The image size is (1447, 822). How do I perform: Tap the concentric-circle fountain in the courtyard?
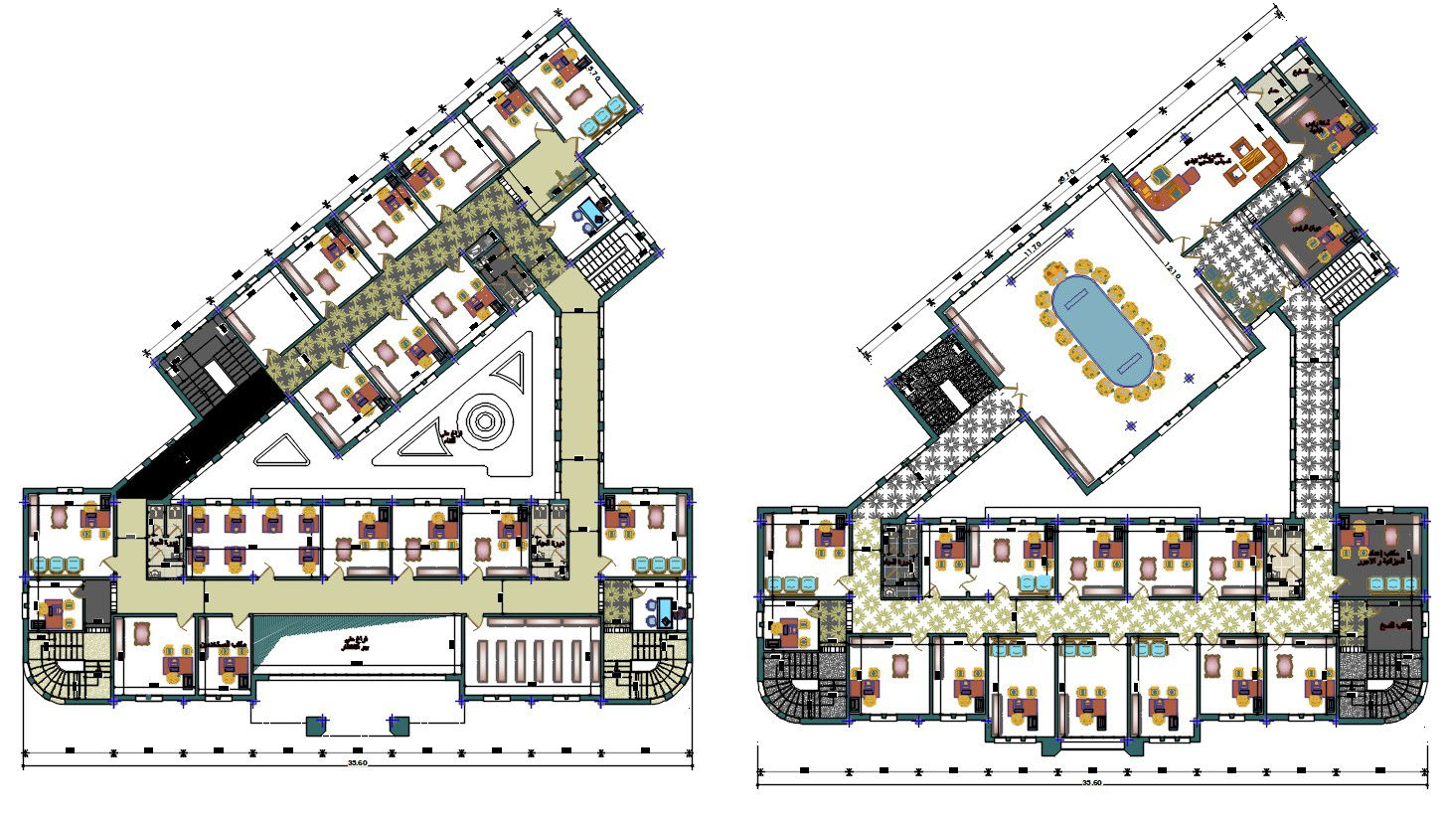click(x=483, y=421)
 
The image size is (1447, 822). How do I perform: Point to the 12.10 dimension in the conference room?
click(x=1174, y=269)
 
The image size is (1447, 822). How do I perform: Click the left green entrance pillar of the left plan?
click(x=316, y=725)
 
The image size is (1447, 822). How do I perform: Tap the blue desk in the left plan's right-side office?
click(x=657, y=609)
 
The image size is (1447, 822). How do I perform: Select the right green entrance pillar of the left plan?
click(x=399, y=725)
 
